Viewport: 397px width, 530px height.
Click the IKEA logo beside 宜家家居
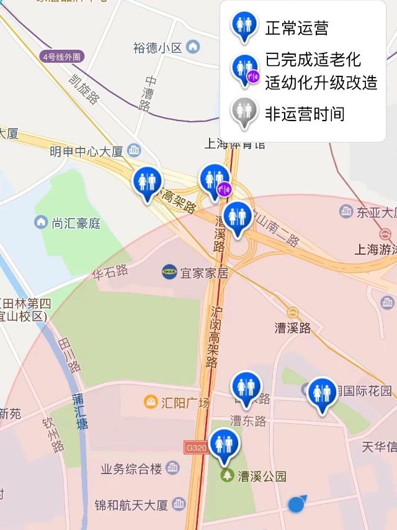[x=169, y=271]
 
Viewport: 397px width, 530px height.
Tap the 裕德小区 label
[x=158, y=47]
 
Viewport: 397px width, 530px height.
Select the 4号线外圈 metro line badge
[x=61, y=57]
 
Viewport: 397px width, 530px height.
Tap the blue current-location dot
[x=297, y=505]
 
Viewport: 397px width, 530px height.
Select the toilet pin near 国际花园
[x=322, y=394]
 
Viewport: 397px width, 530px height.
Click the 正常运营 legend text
[x=297, y=28]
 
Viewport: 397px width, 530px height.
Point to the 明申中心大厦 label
[x=87, y=151]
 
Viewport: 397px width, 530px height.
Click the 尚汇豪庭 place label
[x=76, y=222]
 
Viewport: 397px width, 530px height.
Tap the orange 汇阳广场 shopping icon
[x=151, y=402]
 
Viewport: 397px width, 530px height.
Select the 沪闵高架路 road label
[x=214, y=336]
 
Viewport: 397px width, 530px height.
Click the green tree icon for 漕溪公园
[x=228, y=476]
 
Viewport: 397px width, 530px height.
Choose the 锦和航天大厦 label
[x=131, y=504]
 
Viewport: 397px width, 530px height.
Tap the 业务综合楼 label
[x=132, y=468]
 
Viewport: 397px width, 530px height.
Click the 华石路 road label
[x=110, y=271]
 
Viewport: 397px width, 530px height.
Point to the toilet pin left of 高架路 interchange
[x=147, y=183]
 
